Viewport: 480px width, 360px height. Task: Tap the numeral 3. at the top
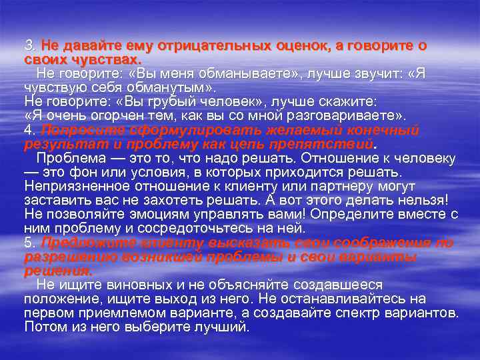[x=31, y=46]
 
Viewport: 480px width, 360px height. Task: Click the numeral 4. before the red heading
[x=31, y=129]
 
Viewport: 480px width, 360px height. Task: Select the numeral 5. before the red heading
[x=31, y=242]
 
